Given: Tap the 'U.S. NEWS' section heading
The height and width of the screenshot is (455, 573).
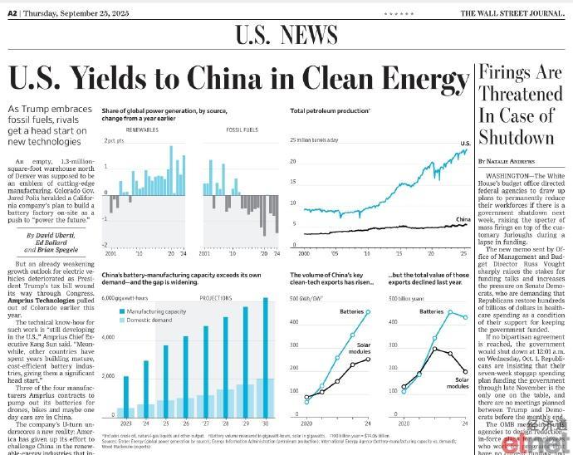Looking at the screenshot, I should pos(286,36).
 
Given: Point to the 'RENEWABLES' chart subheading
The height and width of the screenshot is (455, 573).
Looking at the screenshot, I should pos(143,130).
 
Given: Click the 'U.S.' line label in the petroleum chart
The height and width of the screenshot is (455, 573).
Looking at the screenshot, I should pos(465,144).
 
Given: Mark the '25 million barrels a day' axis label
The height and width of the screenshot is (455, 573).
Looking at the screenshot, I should pos(316,139).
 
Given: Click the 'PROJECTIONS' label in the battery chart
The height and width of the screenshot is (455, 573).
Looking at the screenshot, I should pos(214,298).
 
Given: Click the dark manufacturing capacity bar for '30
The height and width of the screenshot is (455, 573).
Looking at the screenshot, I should pos(265,356).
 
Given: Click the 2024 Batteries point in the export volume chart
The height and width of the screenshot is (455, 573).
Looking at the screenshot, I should pos(368,311).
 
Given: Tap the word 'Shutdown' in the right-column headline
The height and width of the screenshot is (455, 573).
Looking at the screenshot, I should pos(515,137).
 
